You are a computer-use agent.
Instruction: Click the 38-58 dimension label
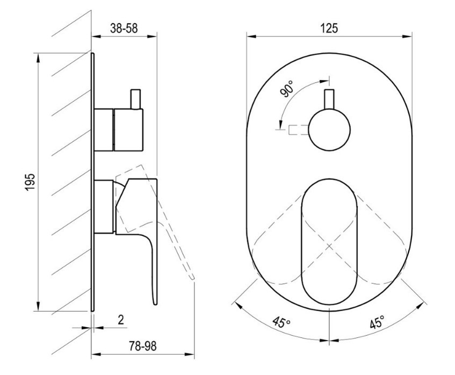click(124, 28)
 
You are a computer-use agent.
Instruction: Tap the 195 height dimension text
click(30, 182)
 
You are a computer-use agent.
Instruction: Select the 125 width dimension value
click(329, 28)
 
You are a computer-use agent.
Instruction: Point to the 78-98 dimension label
click(142, 346)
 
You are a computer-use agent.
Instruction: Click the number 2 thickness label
click(121, 320)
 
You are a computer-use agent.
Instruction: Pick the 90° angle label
click(287, 89)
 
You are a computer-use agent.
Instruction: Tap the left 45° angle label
click(281, 322)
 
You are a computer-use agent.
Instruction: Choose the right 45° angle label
click(378, 322)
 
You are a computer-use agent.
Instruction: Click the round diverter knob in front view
click(329, 129)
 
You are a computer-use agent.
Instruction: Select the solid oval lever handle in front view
click(329, 242)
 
